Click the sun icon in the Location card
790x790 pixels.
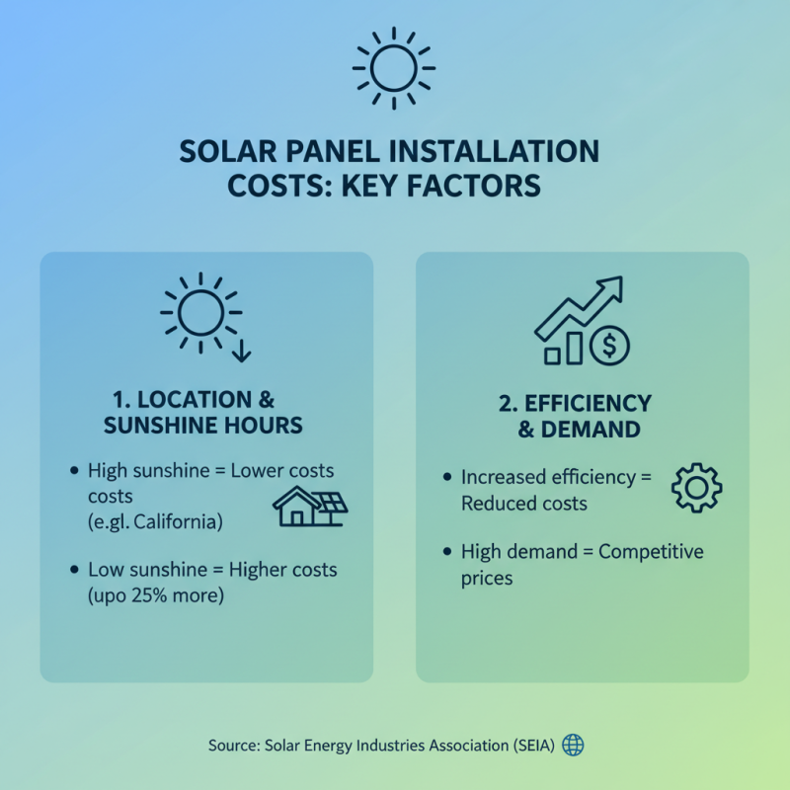pyautogui.click(x=199, y=312)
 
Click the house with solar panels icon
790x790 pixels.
pyautogui.click(x=310, y=506)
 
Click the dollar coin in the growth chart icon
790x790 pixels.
pyautogui.click(x=609, y=345)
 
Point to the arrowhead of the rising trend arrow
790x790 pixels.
pyautogui.click(x=612, y=288)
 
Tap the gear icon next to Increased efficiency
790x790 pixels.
pyautogui.click(x=696, y=488)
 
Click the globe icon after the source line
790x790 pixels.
pyautogui.click(x=573, y=745)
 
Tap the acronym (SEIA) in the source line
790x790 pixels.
pyautogui.click(x=528, y=746)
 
